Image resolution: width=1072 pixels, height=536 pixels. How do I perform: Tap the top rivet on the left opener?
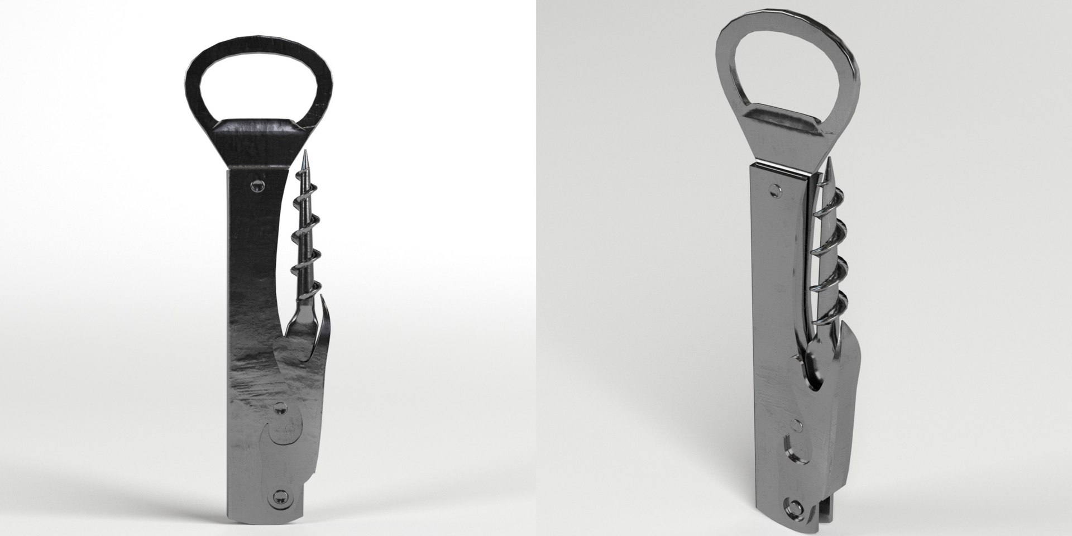point(257,185)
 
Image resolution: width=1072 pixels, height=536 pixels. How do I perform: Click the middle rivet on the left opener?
point(278,411)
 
